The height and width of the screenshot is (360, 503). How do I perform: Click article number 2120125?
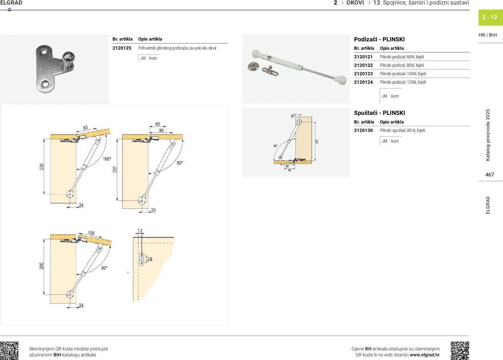click(122, 48)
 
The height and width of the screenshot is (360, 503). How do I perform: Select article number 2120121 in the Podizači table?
click(363, 57)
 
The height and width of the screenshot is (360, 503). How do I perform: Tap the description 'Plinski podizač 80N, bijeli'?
click(402, 65)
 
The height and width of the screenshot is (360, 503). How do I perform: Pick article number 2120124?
click(363, 82)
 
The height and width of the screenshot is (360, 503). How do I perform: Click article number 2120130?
click(363, 130)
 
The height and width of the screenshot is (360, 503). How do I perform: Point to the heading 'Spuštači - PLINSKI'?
click(380, 113)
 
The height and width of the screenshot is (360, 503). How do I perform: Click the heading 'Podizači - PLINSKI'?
click(379, 39)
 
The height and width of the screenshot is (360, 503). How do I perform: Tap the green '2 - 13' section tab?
click(490, 17)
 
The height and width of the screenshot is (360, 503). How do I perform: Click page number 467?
click(490, 175)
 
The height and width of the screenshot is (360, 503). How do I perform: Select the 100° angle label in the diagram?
click(107, 159)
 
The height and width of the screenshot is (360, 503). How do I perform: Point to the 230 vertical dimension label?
click(42, 167)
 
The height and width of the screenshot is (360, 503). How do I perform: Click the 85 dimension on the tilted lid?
click(85, 128)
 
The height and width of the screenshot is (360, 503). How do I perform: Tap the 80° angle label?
click(104, 268)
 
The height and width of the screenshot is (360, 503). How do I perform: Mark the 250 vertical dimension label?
click(42, 266)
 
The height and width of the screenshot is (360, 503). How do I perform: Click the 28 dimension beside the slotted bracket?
click(150, 259)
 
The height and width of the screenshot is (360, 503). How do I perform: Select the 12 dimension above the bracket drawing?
click(140, 231)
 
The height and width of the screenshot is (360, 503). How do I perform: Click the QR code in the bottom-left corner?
click(9, 351)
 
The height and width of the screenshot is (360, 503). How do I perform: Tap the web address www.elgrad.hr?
click(425, 355)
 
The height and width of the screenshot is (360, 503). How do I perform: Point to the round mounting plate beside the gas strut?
click(253, 66)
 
